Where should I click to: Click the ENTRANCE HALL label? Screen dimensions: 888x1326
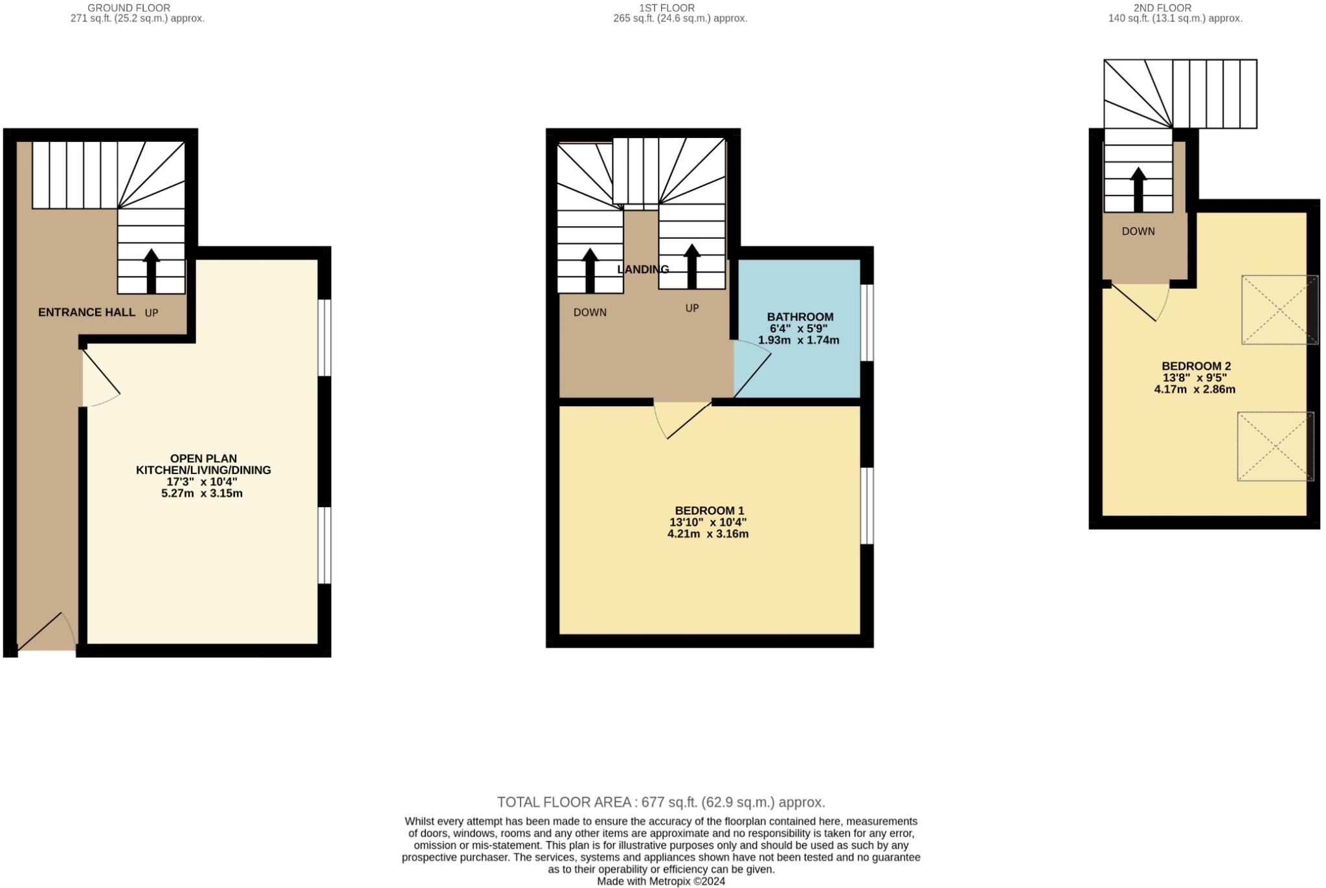coord(87,312)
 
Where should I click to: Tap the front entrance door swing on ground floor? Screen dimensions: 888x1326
coord(47,632)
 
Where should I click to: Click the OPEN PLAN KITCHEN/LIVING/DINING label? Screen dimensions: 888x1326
coord(203,464)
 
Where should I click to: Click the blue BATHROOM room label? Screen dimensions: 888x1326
coord(800,317)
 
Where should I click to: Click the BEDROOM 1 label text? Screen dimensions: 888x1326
coord(709,510)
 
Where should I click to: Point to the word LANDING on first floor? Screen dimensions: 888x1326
coord(642,269)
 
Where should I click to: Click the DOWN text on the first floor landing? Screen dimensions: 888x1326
coord(590,312)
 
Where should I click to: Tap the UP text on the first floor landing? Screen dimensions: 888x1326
coord(692,308)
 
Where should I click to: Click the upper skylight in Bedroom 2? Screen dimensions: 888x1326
coord(1279,310)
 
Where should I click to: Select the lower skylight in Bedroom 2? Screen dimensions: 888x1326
coord(1275,446)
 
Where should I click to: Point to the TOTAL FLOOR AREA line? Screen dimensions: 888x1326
coord(660,803)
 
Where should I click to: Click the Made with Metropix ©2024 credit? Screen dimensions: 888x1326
coord(660,882)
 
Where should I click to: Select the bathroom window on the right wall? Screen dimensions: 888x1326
coord(867,322)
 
